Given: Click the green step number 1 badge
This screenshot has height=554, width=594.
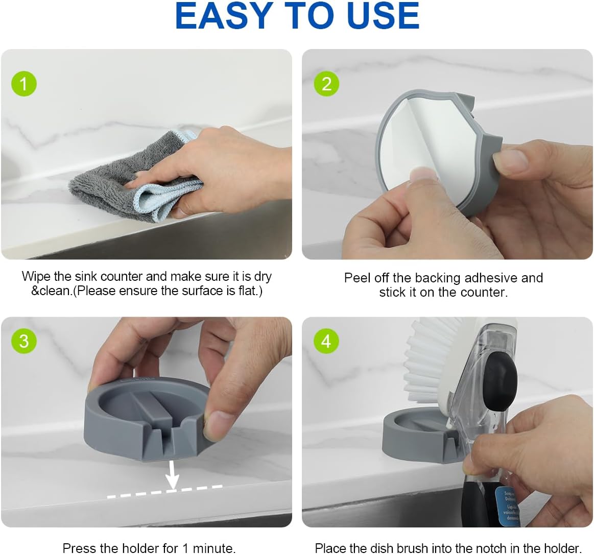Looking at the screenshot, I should pos(24,83).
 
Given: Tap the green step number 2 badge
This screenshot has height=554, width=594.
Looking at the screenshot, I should pos(326,83).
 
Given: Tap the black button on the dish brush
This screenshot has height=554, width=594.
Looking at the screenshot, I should pos(501,383).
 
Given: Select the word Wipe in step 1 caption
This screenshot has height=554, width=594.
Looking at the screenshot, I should pos(36,276).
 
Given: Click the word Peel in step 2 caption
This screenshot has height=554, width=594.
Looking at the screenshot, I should pos(357,278).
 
